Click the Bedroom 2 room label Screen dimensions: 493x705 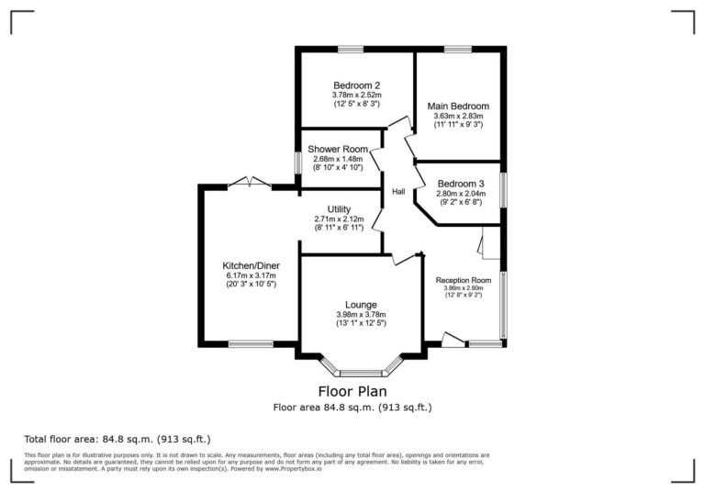(x=356, y=85)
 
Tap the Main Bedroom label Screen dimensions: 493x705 (x=458, y=106)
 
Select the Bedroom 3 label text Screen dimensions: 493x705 (x=460, y=184)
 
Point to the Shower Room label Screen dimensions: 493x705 (x=338, y=149)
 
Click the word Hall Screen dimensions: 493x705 (x=398, y=192)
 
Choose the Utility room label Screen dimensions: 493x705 (x=339, y=209)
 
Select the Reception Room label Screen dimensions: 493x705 (x=463, y=280)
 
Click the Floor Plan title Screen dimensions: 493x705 (x=352, y=390)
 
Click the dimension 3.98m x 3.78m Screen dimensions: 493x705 (x=361, y=314)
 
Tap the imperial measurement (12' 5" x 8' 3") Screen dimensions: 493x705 (x=356, y=104)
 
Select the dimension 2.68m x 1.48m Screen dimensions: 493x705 (x=338, y=159)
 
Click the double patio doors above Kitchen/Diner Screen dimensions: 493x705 (x=250, y=183)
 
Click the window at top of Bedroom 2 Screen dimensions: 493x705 (x=351, y=49)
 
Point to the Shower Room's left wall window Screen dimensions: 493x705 (x=297, y=162)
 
